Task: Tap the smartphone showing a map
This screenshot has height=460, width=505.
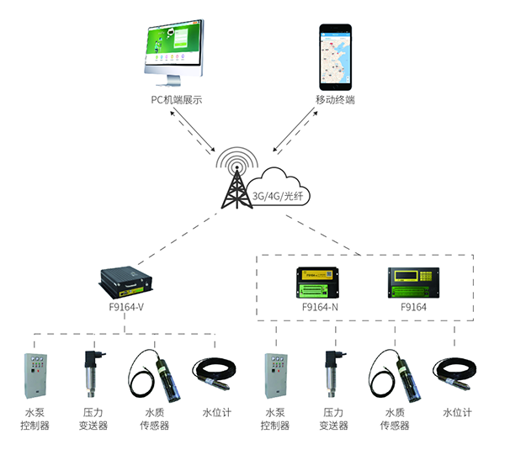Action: coord(335,57)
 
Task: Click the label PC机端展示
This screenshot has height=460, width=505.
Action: coord(176,100)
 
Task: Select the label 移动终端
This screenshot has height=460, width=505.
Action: coord(335,100)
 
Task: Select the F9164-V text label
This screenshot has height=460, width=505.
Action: coord(126,308)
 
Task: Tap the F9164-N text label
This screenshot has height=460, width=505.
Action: coord(321,308)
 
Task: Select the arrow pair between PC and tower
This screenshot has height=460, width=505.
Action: coord(192,131)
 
